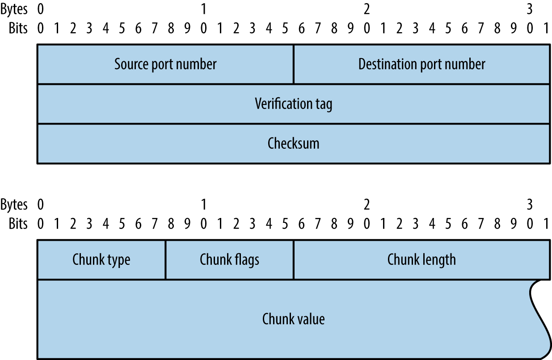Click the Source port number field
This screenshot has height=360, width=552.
165,64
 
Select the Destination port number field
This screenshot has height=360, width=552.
421,64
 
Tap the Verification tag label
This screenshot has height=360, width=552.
294,104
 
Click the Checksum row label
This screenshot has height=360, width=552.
294,143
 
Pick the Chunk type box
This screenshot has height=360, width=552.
101,260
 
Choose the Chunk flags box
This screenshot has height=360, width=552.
229,260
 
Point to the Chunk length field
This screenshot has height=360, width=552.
421,260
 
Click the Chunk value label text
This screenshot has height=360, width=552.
294,319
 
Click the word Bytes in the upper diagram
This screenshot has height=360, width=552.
14,9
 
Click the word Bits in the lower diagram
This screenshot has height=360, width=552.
18,224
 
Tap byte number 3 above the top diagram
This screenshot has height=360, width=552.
530,9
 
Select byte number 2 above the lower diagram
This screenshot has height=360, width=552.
367,205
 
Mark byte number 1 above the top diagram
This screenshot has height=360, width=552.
204,9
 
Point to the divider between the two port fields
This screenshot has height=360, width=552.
294,64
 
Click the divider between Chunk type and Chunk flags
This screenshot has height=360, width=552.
166,260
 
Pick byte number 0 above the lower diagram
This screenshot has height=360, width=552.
41,205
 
